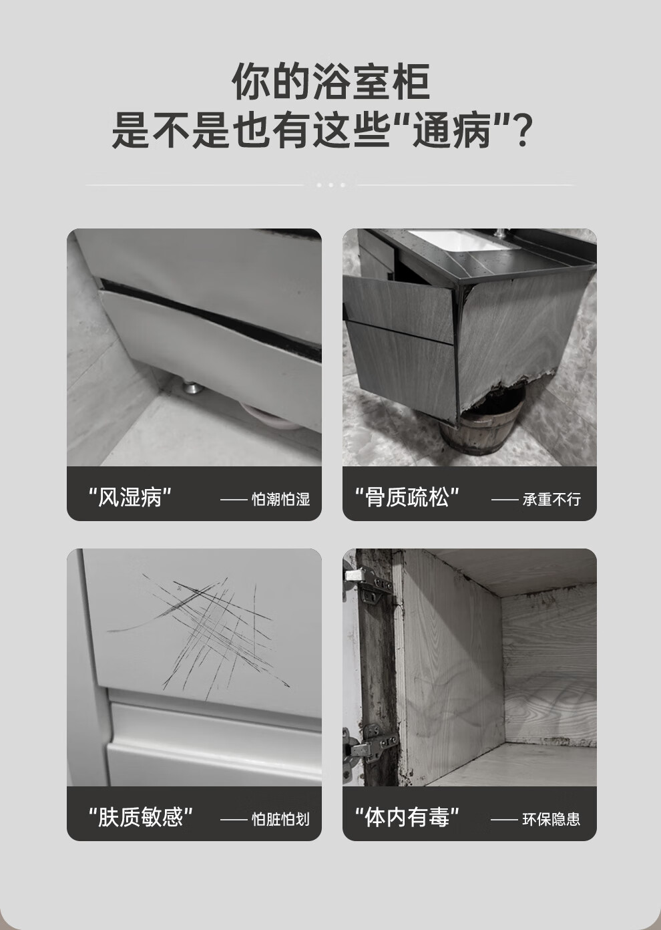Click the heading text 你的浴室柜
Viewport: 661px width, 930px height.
click(x=330, y=82)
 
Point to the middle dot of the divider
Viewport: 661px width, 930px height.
click(x=330, y=185)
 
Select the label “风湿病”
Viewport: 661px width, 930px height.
click(x=130, y=497)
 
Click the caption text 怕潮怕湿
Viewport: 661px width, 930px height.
click(x=281, y=499)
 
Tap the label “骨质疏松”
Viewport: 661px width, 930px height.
click(x=407, y=497)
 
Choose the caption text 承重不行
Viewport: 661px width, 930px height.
click(x=552, y=499)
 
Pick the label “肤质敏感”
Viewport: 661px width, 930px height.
click(x=141, y=816)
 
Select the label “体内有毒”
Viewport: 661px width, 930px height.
click(x=407, y=816)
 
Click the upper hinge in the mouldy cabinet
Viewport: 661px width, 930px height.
click(x=367, y=583)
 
